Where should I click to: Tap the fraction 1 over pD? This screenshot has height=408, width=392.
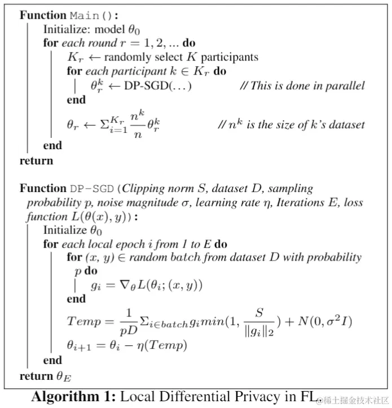click(126, 321)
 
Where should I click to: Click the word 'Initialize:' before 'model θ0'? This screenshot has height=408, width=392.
click(67, 29)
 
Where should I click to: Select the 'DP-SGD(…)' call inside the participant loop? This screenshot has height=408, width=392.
click(157, 86)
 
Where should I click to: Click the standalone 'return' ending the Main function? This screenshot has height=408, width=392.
click(36, 160)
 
